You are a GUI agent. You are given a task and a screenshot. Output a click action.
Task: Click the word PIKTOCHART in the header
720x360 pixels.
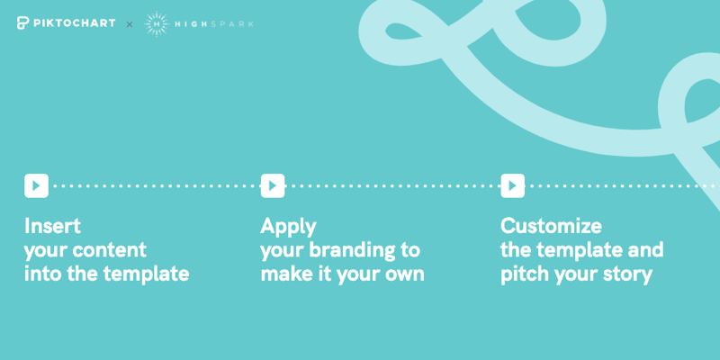[74, 23]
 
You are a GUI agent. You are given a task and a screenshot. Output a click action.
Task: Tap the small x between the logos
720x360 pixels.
[130, 24]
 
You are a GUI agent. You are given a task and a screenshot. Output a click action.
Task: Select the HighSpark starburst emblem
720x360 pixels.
[156, 23]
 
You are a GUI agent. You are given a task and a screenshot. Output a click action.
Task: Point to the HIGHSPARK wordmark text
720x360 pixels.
[214, 24]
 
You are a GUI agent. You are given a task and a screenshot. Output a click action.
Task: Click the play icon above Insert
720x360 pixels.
[36, 185]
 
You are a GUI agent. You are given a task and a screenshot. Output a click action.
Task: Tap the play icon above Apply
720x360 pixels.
[273, 185]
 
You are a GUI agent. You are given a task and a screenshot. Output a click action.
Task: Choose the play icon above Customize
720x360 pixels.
[512, 185]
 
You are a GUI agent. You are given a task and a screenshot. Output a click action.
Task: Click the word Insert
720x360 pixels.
[52, 226]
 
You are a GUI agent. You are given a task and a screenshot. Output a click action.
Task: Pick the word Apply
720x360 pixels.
[288, 228]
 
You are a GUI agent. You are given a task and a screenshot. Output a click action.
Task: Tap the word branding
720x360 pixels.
[351, 251]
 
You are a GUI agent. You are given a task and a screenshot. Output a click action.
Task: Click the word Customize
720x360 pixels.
[551, 226]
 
